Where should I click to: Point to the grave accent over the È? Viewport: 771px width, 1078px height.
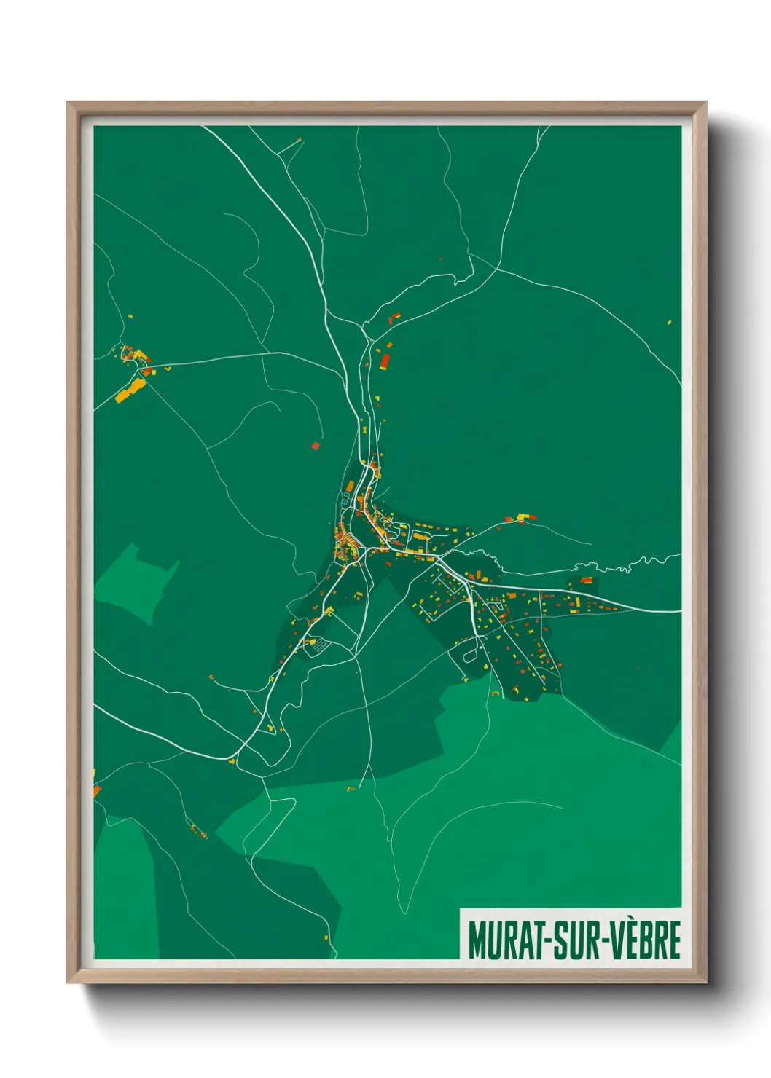tap(627, 922)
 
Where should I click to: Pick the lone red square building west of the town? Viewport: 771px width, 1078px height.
tap(316, 445)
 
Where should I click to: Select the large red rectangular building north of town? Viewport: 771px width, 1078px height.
tap(384, 360)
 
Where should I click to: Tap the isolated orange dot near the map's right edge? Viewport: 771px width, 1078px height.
tap(669, 321)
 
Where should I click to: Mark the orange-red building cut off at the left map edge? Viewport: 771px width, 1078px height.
tap(96, 790)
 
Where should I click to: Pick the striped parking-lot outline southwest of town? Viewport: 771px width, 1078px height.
tap(318, 645)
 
